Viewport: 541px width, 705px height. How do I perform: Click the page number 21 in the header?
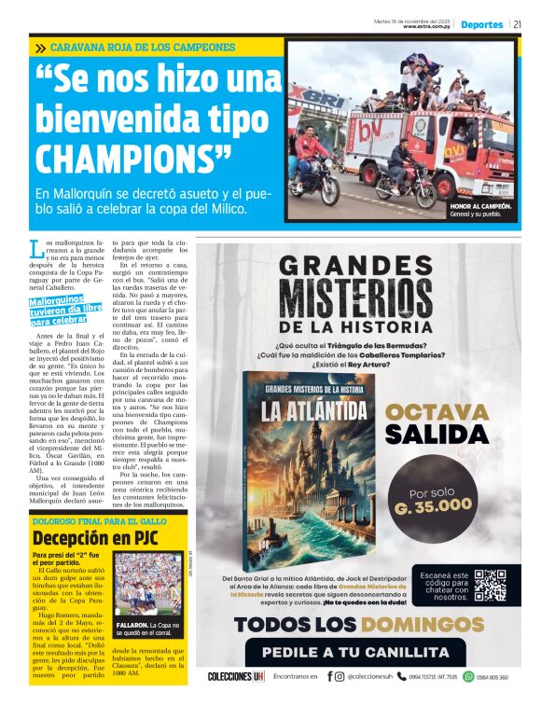pos(518,24)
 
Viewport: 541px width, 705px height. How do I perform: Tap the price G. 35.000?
pos(433,505)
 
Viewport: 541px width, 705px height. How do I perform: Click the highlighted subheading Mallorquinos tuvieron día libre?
pos(64,310)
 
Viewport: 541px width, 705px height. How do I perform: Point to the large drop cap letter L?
pos(36,251)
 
